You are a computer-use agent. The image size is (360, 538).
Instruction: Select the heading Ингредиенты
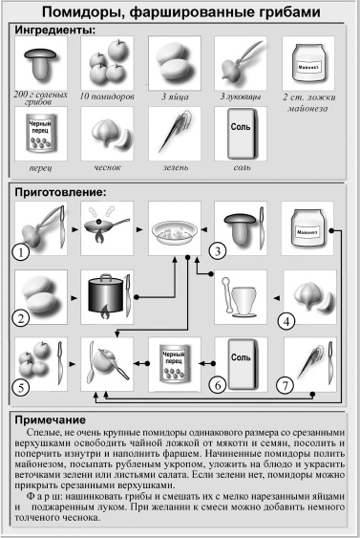[54, 31]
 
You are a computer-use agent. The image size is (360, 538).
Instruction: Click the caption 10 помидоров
[107, 97]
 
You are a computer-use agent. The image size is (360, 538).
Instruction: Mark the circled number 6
[218, 385]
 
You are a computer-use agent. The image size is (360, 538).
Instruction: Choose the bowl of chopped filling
[175, 229]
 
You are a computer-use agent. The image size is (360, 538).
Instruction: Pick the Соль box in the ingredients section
[241, 135]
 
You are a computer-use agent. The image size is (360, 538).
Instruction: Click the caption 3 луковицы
[239, 97]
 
